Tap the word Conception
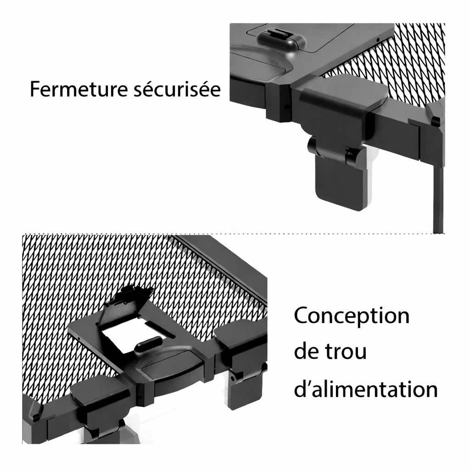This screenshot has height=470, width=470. [352, 316]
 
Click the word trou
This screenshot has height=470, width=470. [344, 352]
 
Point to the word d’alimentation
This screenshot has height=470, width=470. [365, 389]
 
